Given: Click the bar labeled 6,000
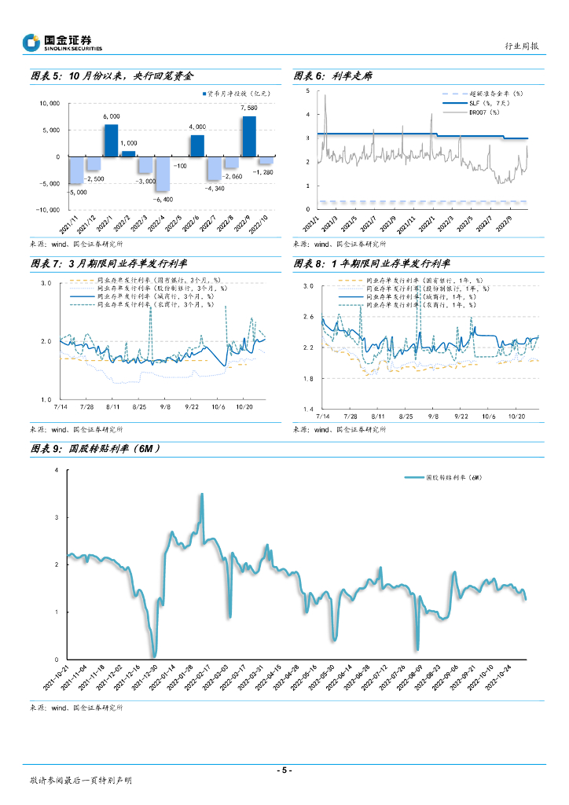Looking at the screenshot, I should tap(111, 141).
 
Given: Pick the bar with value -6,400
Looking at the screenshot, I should tap(162, 174).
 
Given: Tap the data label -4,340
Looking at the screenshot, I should tap(215, 188).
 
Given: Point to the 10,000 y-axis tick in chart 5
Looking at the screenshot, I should tap(50, 103).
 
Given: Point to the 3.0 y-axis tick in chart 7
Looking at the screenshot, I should tap(46, 282).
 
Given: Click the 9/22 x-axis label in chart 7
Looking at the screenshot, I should tap(191, 406).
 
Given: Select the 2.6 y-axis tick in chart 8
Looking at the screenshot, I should tap(307, 317).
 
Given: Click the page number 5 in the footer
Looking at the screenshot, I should tap(284, 770).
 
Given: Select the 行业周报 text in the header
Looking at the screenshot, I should tap(521, 46).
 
